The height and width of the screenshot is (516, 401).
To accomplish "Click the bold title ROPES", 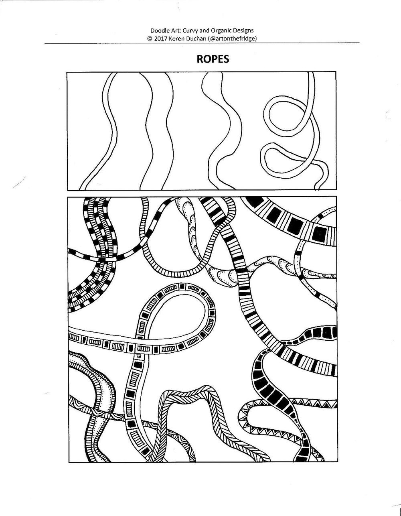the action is pos(213,59).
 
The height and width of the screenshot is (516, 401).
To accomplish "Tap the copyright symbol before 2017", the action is pos(150,39).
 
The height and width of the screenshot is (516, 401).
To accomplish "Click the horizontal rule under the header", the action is pos(202,43).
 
